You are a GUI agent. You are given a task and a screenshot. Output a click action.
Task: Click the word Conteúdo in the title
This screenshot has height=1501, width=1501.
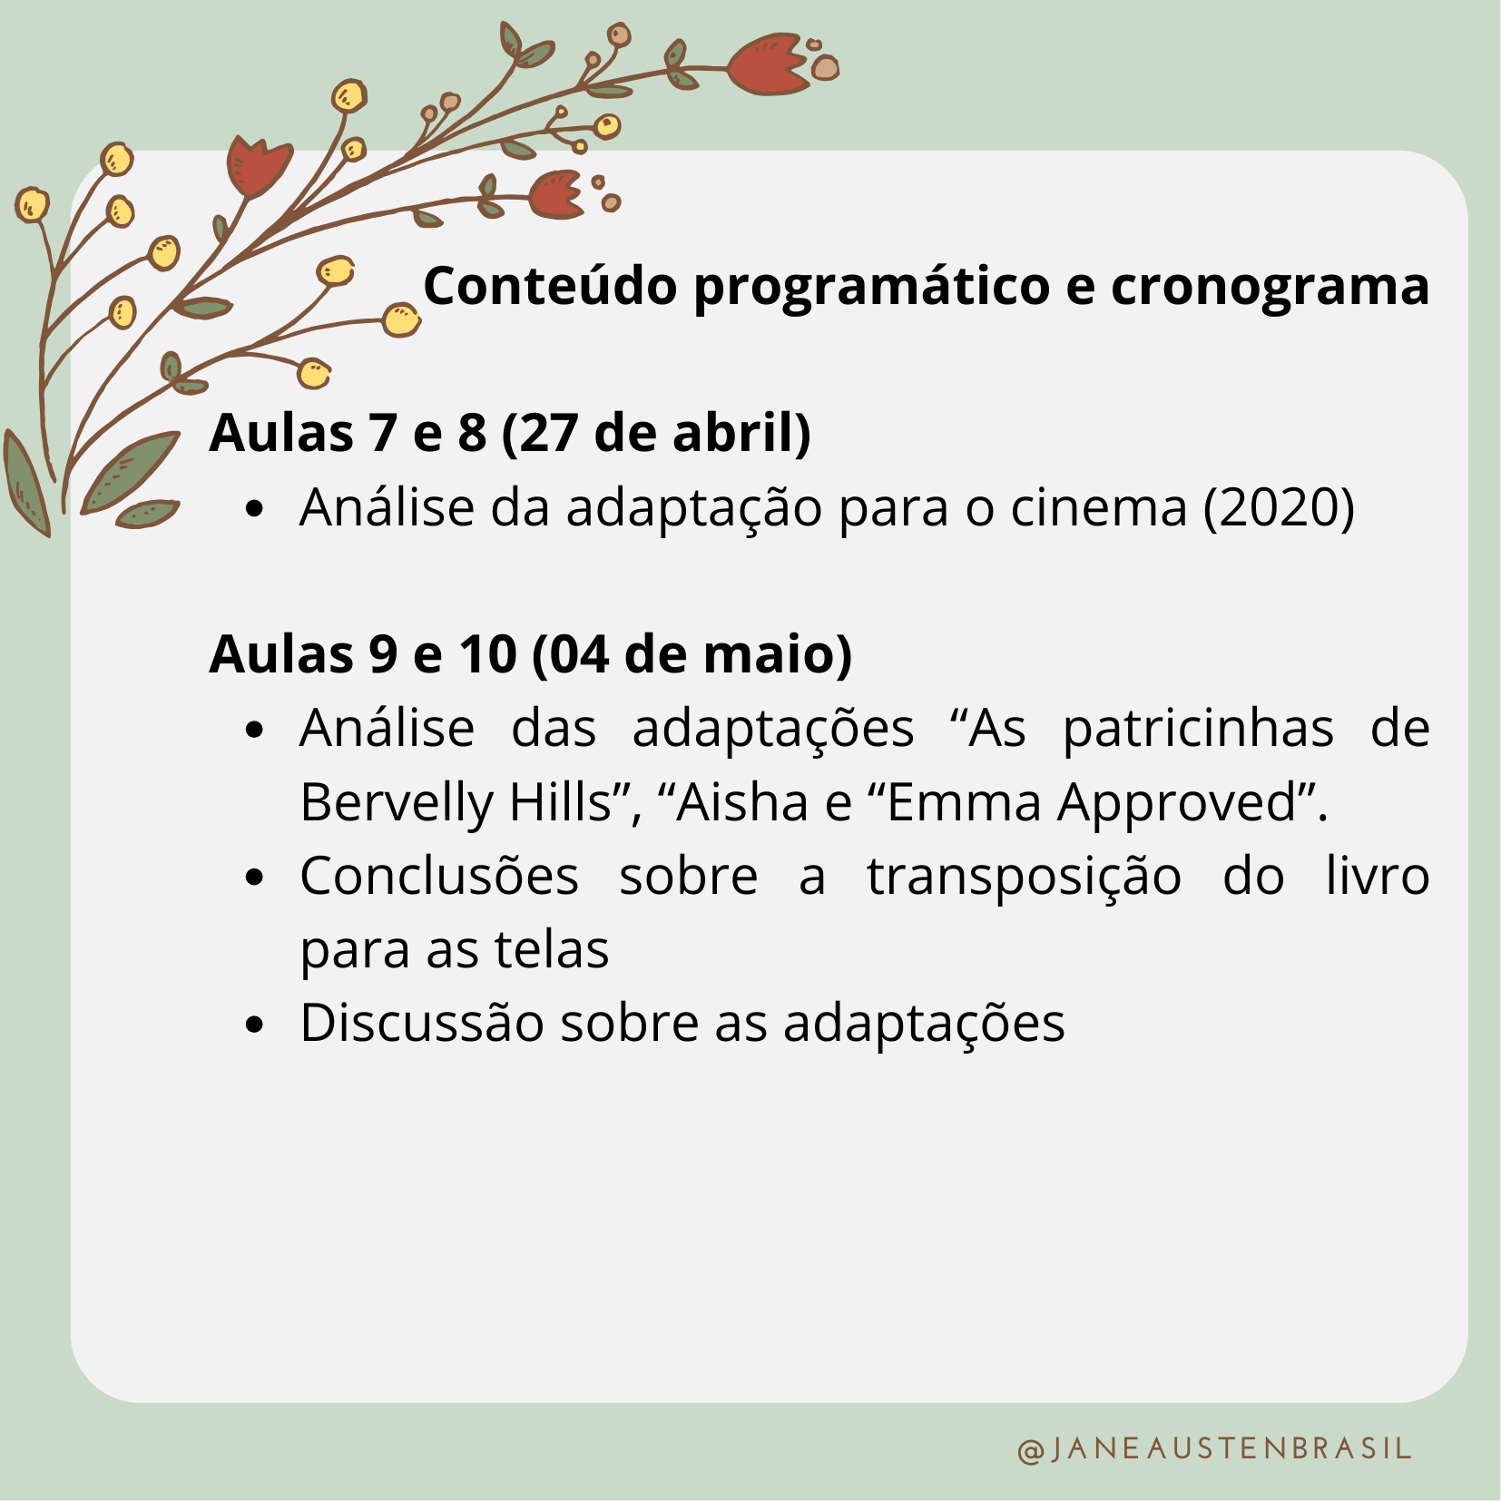coord(550,286)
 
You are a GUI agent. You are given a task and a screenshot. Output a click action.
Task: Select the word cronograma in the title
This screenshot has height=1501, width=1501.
coord(1270,287)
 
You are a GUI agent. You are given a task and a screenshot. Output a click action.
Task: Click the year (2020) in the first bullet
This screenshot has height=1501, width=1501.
coord(1279,506)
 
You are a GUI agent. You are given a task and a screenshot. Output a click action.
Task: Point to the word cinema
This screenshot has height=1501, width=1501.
coord(1099,506)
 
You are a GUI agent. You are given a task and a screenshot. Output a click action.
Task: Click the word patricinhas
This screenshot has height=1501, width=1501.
coord(1198,729)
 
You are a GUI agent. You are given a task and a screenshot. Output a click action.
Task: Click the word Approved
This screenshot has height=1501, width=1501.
coord(1181,802)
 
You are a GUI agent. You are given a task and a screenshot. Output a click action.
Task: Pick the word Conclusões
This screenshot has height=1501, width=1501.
coord(439,876)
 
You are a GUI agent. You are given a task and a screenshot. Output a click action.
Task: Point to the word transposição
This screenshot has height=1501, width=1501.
coord(1025,877)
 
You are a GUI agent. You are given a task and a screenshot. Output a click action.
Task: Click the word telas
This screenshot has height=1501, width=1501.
coord(551,949)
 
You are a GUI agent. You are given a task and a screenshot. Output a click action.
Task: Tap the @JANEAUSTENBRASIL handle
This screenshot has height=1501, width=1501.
coord(1214,1447)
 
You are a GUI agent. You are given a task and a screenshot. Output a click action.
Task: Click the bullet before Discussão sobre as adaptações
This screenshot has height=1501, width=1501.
coord(255,1025)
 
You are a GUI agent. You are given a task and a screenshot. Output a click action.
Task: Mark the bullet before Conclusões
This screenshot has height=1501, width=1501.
coord(255,878)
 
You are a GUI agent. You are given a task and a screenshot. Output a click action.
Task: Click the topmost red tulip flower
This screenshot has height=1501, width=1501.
coord(768,64)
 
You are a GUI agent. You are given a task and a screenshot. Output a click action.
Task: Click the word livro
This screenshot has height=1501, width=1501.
coord(1378,876)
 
